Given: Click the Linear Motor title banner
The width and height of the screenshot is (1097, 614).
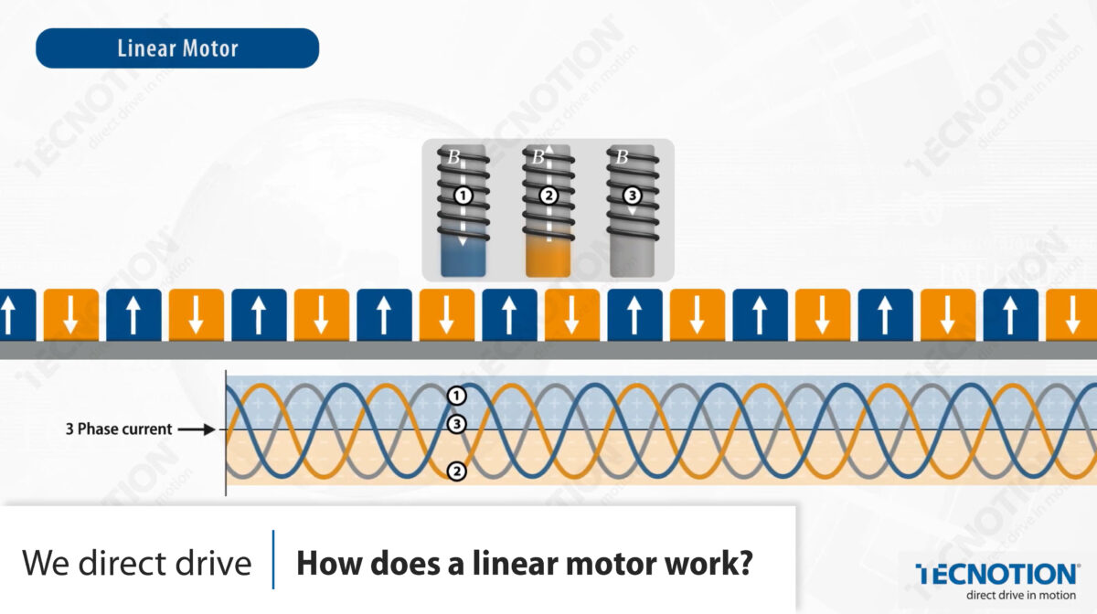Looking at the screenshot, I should click(177, 48).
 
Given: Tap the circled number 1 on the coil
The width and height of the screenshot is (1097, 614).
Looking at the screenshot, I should click(463, 196).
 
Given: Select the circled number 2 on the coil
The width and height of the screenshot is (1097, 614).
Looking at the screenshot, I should click(548, 196).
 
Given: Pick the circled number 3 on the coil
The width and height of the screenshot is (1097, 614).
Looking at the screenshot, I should click(632, 196).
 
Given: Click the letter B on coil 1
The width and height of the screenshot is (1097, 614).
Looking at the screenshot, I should click(453, 157).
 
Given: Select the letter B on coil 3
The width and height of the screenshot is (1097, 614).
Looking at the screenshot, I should click(622, 157).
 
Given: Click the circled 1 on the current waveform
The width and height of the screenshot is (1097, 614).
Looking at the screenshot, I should click(457, 396).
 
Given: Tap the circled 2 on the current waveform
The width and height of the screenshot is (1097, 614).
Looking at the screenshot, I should click(457, 471).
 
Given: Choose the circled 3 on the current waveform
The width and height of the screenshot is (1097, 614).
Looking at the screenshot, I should click(457, 424).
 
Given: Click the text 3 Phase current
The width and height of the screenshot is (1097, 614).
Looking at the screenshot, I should click(120, 429).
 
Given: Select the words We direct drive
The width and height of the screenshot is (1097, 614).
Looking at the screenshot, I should click(136, 563).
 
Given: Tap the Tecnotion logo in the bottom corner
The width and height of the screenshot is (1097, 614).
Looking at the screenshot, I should click(997, 574).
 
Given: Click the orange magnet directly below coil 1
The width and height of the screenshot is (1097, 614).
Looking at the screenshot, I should click(446, 314).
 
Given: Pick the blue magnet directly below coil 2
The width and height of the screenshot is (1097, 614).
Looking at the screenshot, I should click(509, 314).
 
